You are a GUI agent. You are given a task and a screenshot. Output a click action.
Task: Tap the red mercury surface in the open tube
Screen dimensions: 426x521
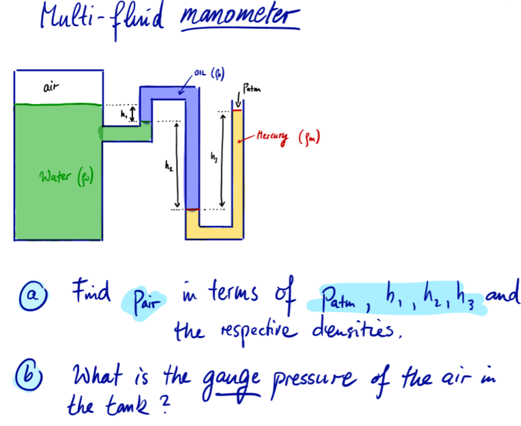pyautogui.click(x=238, y=111)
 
